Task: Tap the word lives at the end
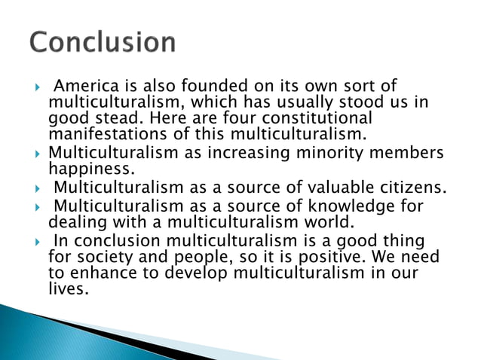tap(68, 289)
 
